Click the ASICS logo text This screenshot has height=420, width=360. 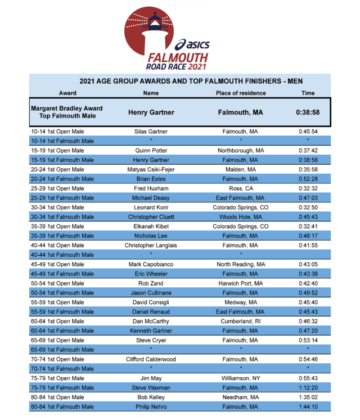tap(192, 44)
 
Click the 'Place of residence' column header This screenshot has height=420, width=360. tap(241, 93)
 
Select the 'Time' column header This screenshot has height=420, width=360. tap(308, 93)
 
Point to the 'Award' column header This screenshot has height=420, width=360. tap(67, 93)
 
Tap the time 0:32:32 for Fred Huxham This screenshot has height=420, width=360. tap(308, 188)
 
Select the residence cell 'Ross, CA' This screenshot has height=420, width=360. tap(241, 188)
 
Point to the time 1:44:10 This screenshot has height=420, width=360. tap(308, 407)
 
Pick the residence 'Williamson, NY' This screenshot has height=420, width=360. tap(241, 378)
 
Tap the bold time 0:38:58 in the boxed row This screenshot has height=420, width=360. tap(308, 112)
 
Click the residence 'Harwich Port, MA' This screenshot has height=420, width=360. tap(241, 283)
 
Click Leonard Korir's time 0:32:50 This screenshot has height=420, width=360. tap(308, 207)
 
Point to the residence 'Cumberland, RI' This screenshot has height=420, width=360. tap(241, 321)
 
